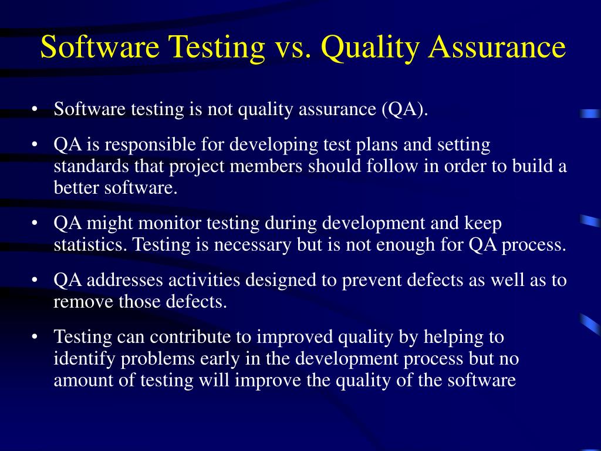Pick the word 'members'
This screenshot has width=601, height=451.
tap(265, 166)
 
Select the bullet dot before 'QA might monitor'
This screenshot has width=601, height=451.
tap(36, 224)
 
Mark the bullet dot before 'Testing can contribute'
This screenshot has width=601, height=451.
tap(36, 338)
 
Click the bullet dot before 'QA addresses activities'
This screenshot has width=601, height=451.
tap(36, 281)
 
